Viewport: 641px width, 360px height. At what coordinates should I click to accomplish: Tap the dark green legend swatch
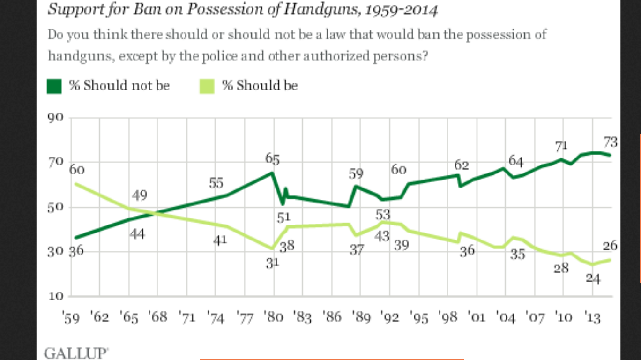(55, 86)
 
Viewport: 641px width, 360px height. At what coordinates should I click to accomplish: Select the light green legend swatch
(207, 86)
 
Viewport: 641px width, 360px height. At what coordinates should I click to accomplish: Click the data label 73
(610, 142)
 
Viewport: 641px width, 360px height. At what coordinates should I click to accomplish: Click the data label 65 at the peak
(272, 159)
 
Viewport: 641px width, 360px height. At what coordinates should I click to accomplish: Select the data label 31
(272, 263)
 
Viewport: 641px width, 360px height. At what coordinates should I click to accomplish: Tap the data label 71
(560, 146)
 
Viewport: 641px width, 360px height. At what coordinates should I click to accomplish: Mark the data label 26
(610, 246)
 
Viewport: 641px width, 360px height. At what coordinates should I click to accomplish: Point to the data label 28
(560, 268)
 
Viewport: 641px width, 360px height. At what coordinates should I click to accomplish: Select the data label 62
(462, 165)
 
